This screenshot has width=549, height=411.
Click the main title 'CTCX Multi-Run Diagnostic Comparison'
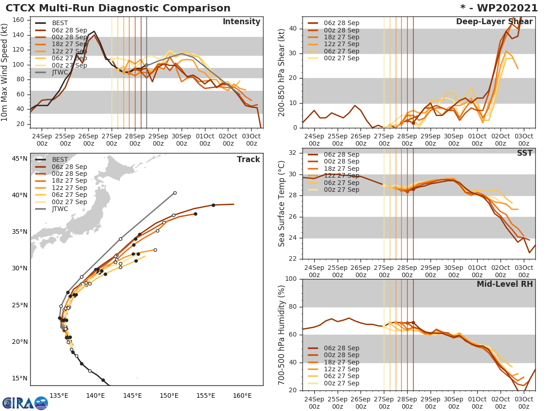point(118,8)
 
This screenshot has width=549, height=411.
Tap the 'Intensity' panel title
point(241,22)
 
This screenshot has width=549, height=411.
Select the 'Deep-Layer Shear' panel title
point(494,22)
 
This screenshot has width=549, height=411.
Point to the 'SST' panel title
point(524,153)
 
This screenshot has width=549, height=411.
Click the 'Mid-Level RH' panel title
point(505,285)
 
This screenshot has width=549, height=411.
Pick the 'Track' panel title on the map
point(248,159)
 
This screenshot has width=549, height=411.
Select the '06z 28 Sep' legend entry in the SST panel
point(341,155)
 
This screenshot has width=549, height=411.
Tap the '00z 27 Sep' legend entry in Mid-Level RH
point(341,383)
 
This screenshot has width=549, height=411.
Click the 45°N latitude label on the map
point(20,159)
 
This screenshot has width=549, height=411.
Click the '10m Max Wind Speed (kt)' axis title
point(5,71)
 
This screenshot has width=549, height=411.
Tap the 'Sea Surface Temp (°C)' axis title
point(282,204)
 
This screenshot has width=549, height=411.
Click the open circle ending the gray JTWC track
point(175,193)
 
